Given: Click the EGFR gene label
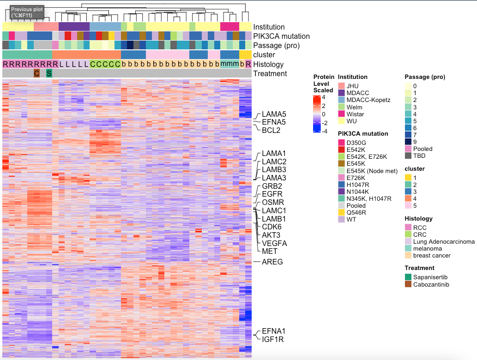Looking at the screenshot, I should (272, 194).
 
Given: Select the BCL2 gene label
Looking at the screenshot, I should (272, 131).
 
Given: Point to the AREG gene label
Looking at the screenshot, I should (272, 262).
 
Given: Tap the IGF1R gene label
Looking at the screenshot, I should (272, 340).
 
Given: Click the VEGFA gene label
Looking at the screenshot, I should (274, 243).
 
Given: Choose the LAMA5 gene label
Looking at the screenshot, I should (274, 114).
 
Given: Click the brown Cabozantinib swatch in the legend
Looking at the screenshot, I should (408, 284).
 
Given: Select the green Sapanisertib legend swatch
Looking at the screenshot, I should (408, 277).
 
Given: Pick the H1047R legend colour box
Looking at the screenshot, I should (341, 185).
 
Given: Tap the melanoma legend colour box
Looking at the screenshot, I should (408, 249).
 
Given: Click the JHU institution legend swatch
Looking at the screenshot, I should (341, 86).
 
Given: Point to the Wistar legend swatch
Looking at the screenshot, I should (341, 114).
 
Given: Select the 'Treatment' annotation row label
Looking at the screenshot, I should (270, 74).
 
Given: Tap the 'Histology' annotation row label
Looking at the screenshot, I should (268, 65).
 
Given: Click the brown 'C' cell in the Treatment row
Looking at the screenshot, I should (36, 73).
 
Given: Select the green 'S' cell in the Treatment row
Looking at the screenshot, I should (49, 73).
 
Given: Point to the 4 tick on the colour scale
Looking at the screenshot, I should (324, 97).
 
